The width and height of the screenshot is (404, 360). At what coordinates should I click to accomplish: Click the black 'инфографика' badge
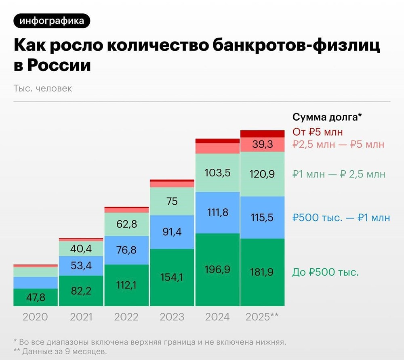point(51,21)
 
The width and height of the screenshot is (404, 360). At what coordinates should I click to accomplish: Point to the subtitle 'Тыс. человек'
point(42,88)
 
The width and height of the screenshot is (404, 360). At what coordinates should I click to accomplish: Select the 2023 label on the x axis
point(172,317)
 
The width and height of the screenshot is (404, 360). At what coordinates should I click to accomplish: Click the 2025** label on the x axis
point(262,317)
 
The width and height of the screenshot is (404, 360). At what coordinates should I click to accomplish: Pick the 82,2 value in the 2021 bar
point(81,290)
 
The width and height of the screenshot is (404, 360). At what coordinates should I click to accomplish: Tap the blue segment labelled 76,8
point(126,250)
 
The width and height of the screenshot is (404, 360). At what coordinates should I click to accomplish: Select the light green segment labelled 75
point(172,201)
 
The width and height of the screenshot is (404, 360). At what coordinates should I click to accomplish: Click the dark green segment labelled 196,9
point(217,269)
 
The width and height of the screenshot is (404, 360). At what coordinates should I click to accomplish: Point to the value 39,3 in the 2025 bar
point(262,144)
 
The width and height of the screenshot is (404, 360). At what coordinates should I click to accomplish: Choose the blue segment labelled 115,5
point(262,218)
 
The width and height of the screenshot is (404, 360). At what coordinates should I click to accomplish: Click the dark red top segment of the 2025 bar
point(262,134)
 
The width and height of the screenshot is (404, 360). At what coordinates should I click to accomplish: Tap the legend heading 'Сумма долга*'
point(326,117)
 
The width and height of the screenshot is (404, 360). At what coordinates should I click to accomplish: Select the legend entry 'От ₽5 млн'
point(318,132)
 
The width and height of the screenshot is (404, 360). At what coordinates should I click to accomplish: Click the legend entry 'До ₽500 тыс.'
point(325,272)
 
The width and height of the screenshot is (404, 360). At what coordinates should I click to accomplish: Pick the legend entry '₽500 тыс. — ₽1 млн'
point(341,218)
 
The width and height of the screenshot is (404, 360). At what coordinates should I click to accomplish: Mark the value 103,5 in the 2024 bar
point(217,173)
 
